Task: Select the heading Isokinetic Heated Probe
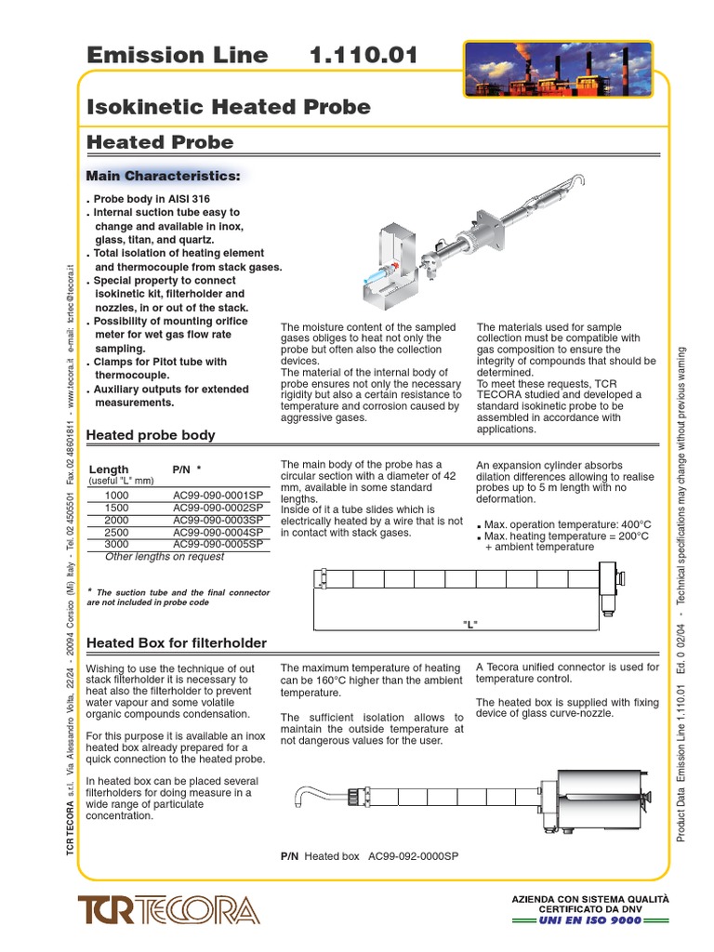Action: [x=228, y=107]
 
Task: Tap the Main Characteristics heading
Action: [x=163, y=177]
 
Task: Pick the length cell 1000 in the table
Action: [x=117, y=496]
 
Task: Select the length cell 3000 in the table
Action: [x=117, y=542]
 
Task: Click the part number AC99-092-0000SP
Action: [x=414, y=856]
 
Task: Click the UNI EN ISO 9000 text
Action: [x=590, y=921]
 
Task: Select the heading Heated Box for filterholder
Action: [x=176, y=643]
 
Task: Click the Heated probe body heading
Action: [x=151, y=435]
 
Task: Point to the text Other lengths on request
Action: [x=165, y=557]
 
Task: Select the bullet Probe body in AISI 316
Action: [x=152, y=200]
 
